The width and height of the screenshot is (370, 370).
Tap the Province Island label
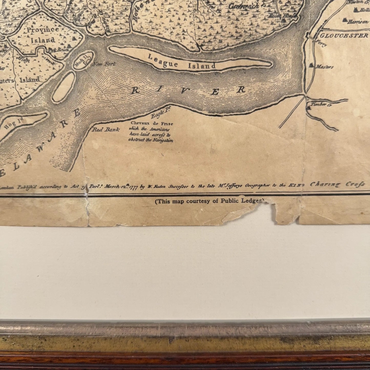tap(43, 35)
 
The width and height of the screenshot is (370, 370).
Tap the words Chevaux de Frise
tap(151, 124)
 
